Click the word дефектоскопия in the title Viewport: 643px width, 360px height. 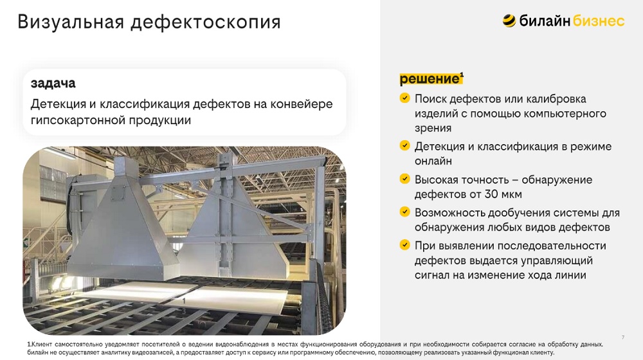coord(206,22)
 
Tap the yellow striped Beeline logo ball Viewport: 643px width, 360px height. coord(509,21)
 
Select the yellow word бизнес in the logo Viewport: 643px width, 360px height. coord(599,21)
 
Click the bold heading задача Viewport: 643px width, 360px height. coord(53,84)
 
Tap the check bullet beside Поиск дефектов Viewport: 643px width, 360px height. coord(404,98)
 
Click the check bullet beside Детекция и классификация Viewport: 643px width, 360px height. coord(404,145)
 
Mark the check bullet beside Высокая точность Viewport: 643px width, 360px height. coord(404,179)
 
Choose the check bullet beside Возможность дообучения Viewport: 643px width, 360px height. coord(404,212)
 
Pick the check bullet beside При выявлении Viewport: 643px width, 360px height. coord(404,245)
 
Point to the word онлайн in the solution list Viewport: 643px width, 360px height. coord(433,161)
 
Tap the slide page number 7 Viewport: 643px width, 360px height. coord(623,337)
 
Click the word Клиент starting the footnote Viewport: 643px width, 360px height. coord(42,345)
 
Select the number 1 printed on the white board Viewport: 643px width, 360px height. coord(184,301)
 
